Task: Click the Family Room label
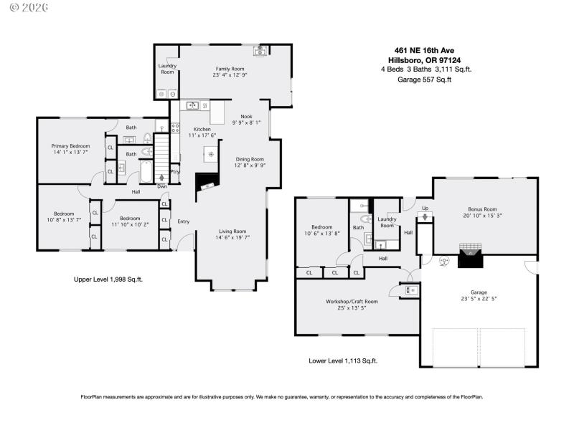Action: pos(229,68)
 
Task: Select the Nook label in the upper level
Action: pos(246,116)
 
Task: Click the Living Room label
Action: pos(233,231)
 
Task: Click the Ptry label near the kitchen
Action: pos(175,171)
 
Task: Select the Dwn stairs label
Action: pos(163,187)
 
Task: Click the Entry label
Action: pos(184,221)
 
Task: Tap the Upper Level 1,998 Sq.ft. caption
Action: pos(108,279)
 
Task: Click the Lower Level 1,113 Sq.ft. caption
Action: pos(343,360)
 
